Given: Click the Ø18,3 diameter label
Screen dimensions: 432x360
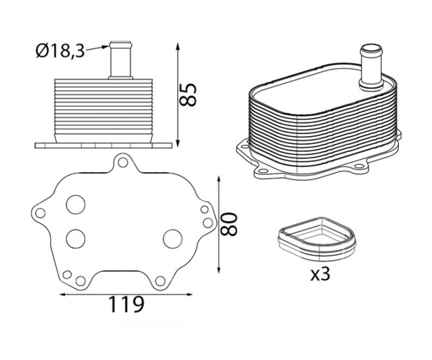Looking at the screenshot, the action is tap(60, 51).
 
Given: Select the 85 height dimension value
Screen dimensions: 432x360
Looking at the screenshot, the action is tap(188, 94).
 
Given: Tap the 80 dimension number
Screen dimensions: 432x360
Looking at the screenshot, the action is tap(229, 224).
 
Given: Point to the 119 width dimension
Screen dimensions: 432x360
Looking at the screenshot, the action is tap(127, 305).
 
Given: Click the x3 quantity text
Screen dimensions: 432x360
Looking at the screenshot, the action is tap(320, 274).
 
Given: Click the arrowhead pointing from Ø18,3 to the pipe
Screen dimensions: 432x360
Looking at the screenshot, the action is tap(106, 47).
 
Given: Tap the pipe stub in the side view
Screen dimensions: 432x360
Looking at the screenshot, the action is tap(120, 60).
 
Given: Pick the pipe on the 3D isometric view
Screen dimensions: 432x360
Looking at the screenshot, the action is tap(371, 67).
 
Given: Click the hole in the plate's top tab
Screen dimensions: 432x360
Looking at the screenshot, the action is tap(122, 163).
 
